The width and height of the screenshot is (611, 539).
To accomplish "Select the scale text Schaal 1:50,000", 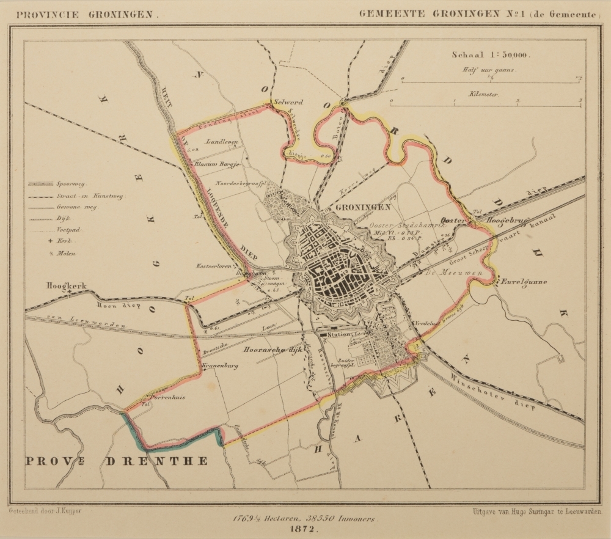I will (x=491, y=54).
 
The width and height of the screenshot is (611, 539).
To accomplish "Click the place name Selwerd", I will (x=288, y=103).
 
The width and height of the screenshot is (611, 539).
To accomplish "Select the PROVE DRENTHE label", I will (x=116, y=460).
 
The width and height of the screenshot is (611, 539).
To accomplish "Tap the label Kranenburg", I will (x=219, y=365).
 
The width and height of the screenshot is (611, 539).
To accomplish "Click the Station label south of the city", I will (x=338, y=335).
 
